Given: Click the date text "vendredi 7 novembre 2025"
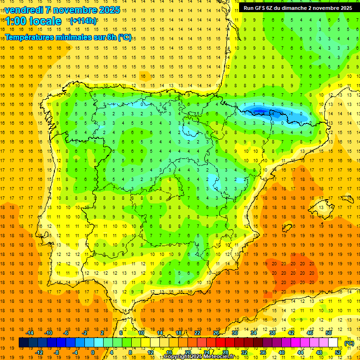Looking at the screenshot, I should click(x=62, y=10).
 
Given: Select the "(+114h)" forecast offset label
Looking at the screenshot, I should click(x=83, y=21).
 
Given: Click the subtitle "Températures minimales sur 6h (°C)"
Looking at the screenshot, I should click(x=68, y=37).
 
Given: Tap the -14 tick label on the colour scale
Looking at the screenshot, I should click(x=30, y=333).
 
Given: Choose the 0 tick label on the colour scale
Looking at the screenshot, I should click(x=92, y=352).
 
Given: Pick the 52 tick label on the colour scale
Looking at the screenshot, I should click(x=338, y=352).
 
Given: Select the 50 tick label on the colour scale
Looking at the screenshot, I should click(x=329, y=333).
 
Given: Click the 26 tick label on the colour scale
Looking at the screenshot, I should click(x=216, y=333).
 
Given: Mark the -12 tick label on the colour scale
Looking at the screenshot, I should click(x=39, y=352).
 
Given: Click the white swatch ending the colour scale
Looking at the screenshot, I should click(x=333, y=343).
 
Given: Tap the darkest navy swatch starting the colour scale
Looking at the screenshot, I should click(x=23, y=343).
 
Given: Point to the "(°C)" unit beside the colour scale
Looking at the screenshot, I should click(x=349, y=343).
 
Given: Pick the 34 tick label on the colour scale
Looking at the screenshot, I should click(x=254, y=333).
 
